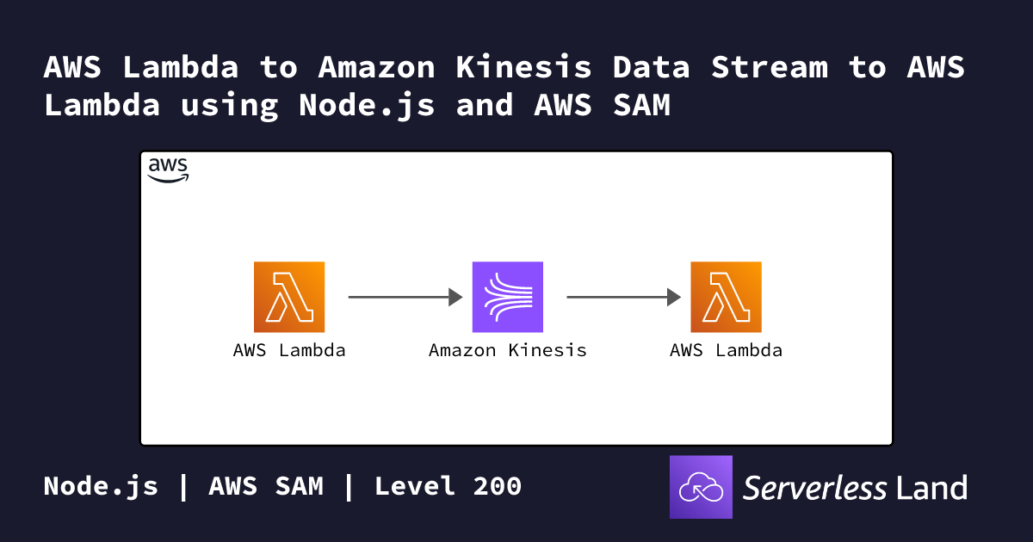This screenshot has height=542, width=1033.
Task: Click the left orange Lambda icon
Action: click(289, 297)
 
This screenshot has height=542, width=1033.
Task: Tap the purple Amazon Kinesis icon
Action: click(508, 297)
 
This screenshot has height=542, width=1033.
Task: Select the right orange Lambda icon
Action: click(726, 297)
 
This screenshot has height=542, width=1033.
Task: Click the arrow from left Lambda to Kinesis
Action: click(405, 298)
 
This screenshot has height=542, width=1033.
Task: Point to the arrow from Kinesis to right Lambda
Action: click(624, 298)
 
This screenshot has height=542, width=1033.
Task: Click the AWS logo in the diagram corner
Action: click(168, 170)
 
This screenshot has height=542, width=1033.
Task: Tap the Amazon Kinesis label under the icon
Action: click(508, 350)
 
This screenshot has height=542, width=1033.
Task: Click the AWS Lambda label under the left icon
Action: click(289, 350)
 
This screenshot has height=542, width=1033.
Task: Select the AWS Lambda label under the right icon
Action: click(726, 350)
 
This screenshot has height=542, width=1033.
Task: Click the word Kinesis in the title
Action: click(523, 67)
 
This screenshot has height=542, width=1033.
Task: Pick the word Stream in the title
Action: click(770, 67)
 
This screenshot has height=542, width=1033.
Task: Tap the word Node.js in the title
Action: click(367, 106)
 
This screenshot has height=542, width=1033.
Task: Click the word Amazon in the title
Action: click(376, 67)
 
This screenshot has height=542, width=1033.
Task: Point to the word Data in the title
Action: click(651, 67)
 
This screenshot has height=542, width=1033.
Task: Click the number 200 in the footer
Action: click(498, 486)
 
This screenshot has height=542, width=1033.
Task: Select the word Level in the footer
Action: click(415, 486)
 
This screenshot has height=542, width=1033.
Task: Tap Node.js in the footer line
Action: click(101, 487)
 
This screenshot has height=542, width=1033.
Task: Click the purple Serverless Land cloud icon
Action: click(701, 487)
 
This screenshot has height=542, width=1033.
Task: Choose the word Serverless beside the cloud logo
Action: click(814, 488)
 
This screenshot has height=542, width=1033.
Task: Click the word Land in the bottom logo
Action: click(931, 488)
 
